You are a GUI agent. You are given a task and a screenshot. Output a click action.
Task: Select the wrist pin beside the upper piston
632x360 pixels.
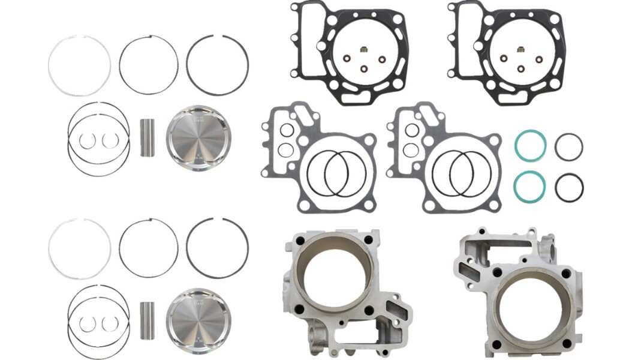pyautogui.click(x=148, y=138)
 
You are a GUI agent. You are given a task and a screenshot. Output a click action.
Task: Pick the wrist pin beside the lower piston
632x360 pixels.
pyautogui.click(x=148, y=319)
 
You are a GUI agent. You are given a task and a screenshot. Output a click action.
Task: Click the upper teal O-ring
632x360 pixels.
pyautogui.click(x=530, y=147)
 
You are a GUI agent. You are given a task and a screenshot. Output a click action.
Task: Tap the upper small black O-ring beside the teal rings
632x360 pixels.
pyautogui.click(x=568, y=147)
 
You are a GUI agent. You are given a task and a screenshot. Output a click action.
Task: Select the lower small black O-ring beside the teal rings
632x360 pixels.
pyautogui.click(x=568, y=188)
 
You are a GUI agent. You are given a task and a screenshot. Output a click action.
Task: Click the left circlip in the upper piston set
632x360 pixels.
pyautogui.click(x=87, y=140)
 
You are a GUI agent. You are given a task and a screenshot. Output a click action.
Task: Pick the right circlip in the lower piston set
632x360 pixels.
pyautogui.click(x=109, y=324)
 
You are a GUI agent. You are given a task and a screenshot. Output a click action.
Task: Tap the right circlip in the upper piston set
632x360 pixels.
pyautogui.click(x=109, y=140)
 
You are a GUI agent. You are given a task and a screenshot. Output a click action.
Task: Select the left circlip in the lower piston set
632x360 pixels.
pyautogui.click(x=87, y=324)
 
